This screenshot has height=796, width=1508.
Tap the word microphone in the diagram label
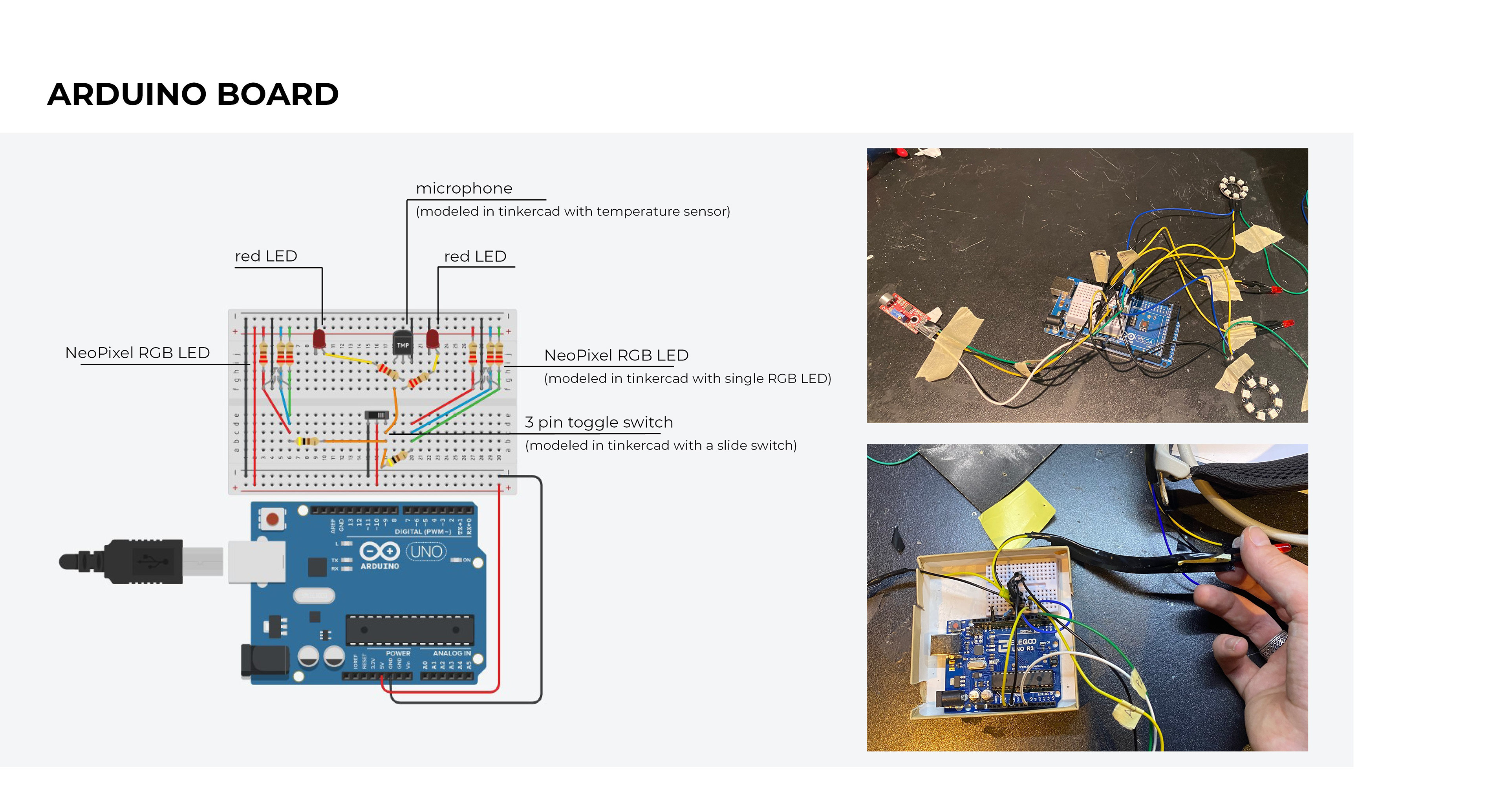click(x=464, y=188)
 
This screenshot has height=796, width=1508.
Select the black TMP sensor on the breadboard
click(x=402, y=342)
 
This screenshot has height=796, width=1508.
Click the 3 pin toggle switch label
click(x=598, y=422)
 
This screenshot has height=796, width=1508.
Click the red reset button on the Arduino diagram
click(x=272, y=519)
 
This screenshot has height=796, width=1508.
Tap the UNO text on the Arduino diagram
click(x=426, y=551)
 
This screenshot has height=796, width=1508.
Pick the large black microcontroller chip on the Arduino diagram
click(x=409, y=630)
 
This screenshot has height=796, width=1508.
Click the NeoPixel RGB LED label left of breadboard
click(x=137, y=353)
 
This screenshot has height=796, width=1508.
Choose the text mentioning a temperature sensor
click(x=573, y=211)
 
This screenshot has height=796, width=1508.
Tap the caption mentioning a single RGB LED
click(x=687, y=379)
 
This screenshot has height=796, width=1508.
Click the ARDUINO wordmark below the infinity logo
click(x=379, y=566)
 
